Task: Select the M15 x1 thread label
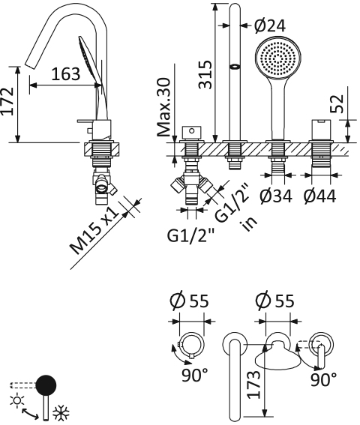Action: coord(98,229)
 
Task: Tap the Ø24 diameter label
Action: coord(269,25)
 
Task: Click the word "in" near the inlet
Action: coord(244,224)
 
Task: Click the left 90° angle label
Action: coord(195,374)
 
